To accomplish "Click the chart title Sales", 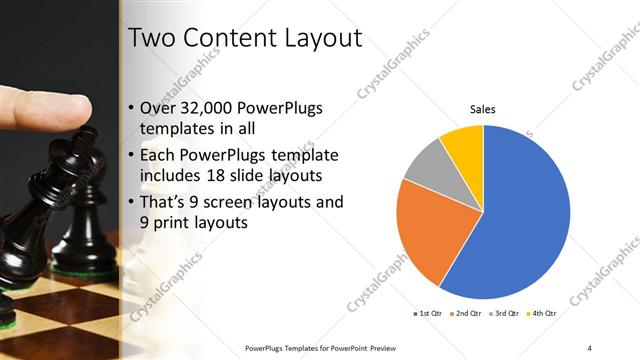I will pyautogui.click(x=483, y=110).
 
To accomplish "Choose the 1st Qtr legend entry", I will pyautogui.click(x=431, y=313).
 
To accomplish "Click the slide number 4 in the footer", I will pyautogui.click(x=590, y=347).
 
